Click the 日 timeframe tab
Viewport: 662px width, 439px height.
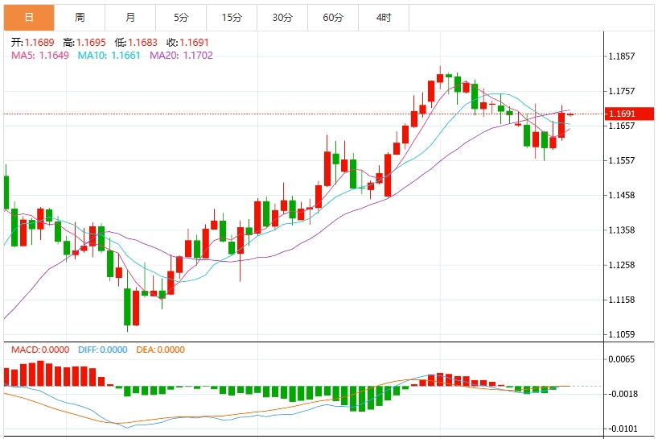tap(29, 17)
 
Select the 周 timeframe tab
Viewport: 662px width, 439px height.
tap(80, 17)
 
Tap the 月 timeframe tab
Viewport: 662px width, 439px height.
tap(130, 17)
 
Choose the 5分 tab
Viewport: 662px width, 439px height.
tap(181, 17)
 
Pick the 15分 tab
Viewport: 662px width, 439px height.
tap(232, 17)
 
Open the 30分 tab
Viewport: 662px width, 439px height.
tap(282, 17)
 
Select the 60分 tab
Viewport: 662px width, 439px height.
tap(333, 17)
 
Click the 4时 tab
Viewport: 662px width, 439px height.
tap(384, 17)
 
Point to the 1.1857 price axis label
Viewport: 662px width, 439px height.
tap(623, 56)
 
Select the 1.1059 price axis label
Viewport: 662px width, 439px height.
tap(623, 334)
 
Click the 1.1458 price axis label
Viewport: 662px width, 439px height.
tap(623, 195)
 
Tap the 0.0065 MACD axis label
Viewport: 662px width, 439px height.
tap(623, 359)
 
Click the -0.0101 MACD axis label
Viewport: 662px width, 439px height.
tap(623, 429)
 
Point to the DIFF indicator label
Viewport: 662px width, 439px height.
tap(103, 350)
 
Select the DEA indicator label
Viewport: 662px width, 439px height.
tap(160, 350)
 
